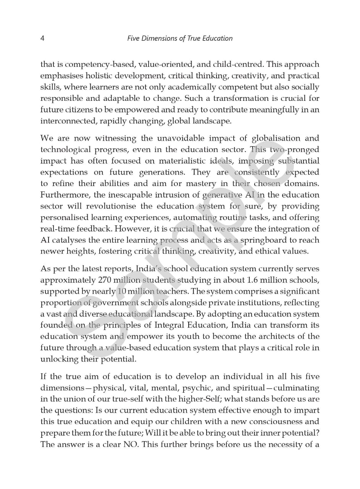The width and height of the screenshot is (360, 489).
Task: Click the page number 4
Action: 42,38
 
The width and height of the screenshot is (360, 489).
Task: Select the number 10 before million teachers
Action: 121,291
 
